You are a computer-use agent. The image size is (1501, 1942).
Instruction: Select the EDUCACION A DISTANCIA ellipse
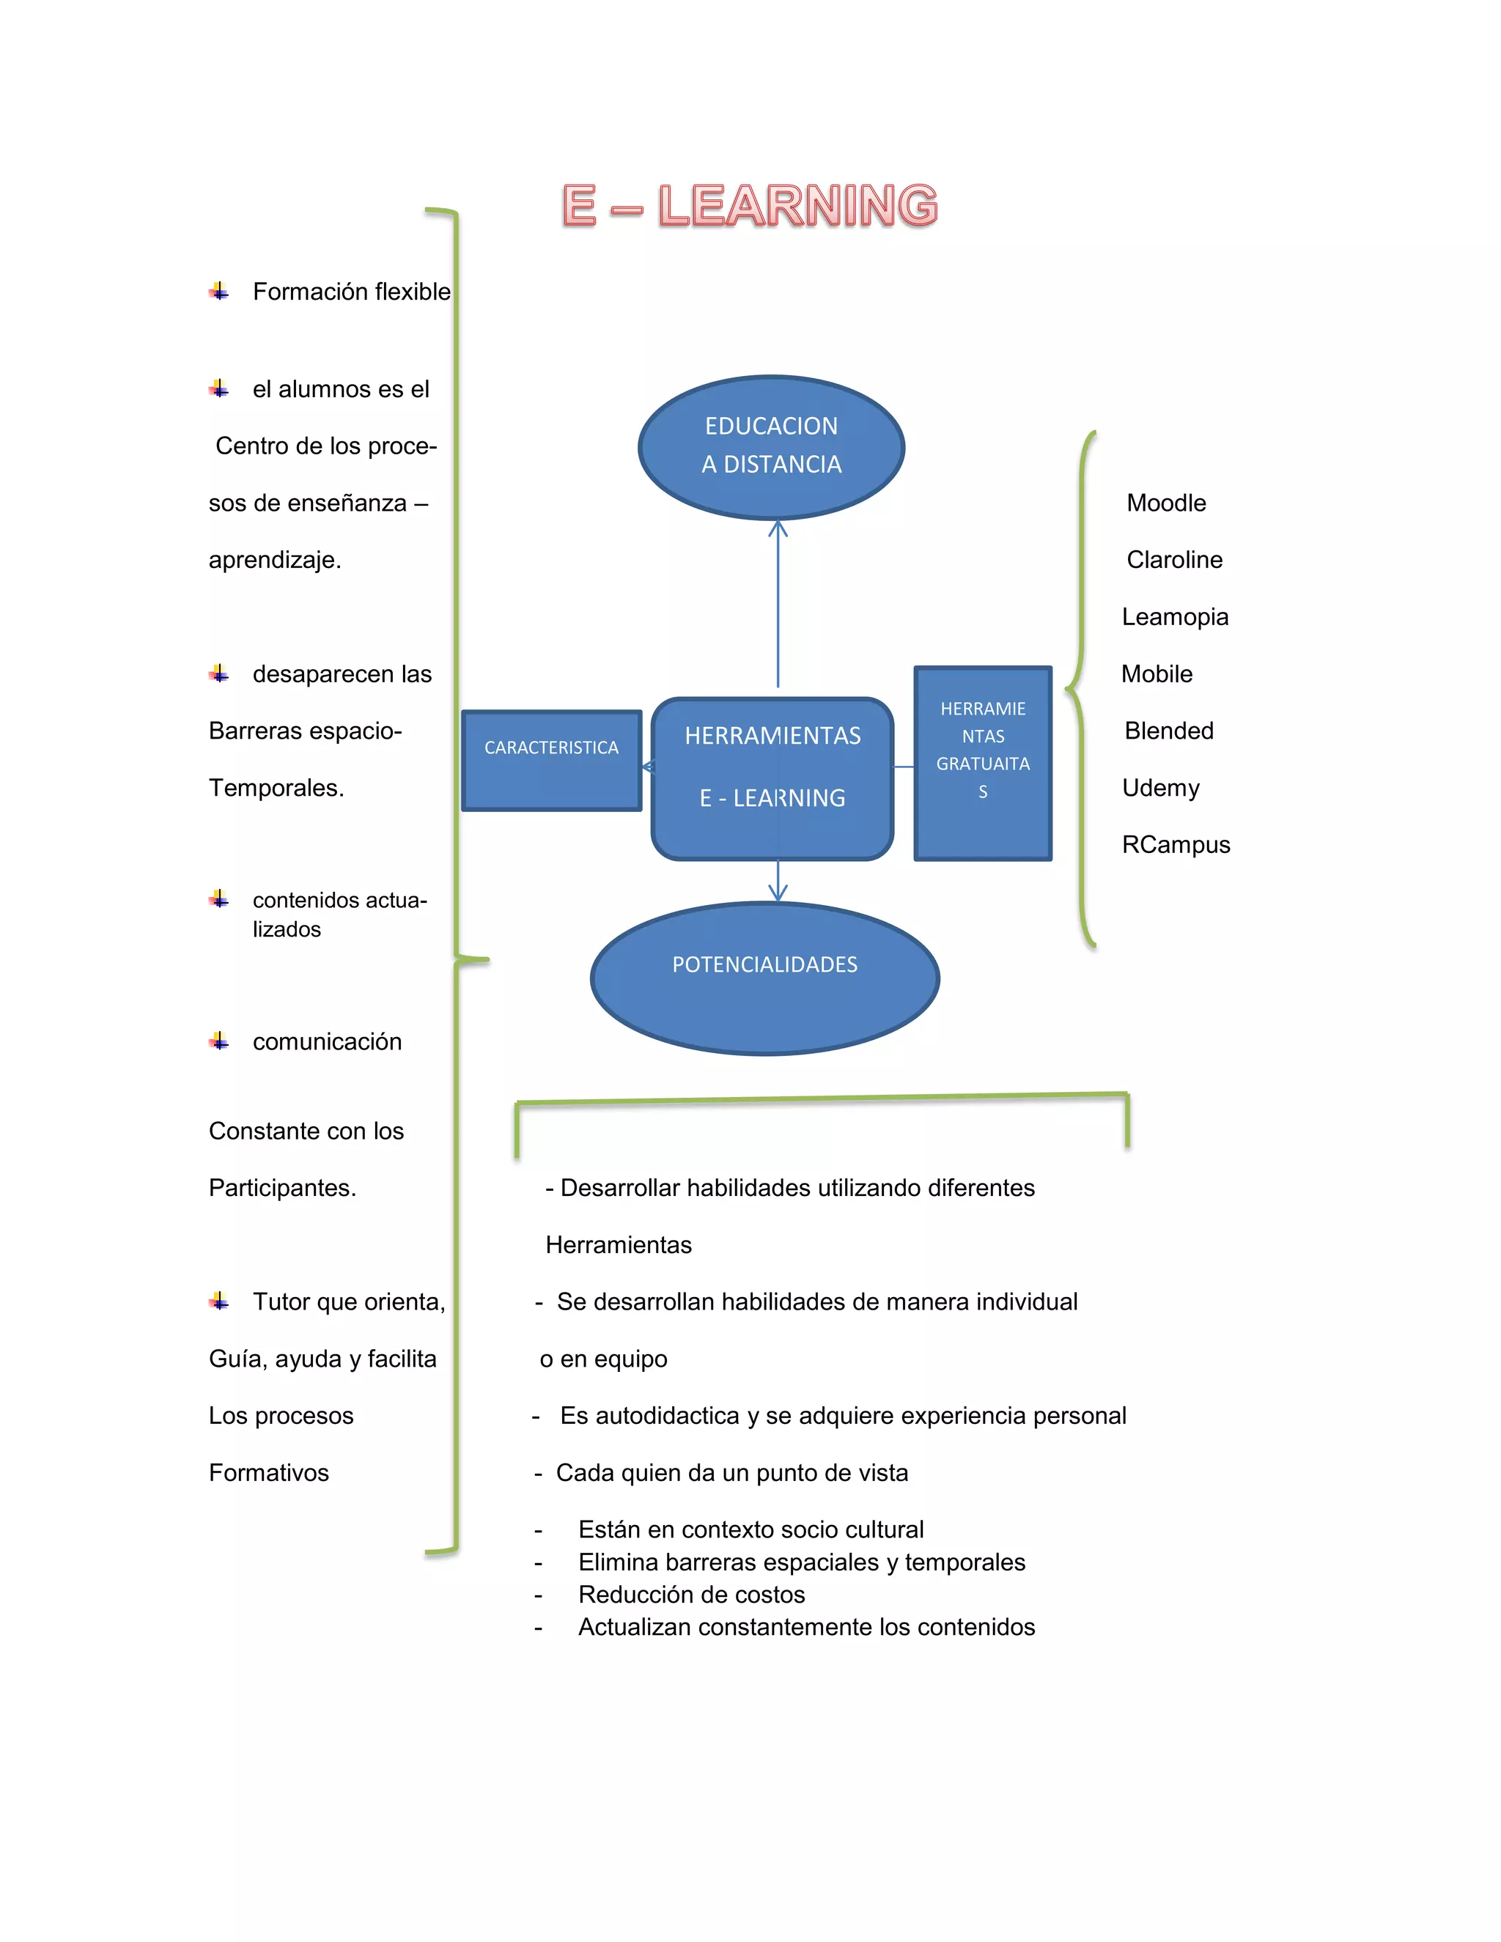point(771,446)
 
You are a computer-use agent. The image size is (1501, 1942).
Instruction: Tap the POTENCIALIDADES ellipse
point(764,978)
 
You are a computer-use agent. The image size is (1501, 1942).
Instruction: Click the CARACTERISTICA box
point(551,760)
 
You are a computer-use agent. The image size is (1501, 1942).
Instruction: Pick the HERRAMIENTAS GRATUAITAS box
point(983,763)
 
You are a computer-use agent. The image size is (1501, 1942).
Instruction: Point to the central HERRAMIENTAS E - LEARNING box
point(772,778)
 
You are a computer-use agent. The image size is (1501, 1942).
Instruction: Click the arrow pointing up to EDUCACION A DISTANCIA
point(778,605)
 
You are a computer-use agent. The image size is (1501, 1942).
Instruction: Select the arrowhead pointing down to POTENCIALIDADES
point(778,892)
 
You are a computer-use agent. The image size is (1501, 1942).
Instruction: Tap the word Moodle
point(1166,503)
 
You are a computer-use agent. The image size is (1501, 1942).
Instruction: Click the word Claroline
point(1174,560)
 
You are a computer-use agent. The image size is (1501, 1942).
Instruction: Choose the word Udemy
point(1160,788)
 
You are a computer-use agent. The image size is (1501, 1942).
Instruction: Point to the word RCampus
point(1176,845)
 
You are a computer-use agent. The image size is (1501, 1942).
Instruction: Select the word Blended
point(1168,731)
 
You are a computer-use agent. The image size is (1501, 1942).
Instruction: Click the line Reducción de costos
point(691,1595)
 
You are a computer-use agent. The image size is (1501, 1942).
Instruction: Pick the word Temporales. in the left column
point(276,788)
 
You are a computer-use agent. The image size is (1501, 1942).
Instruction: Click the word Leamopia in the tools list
point(1175,617)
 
